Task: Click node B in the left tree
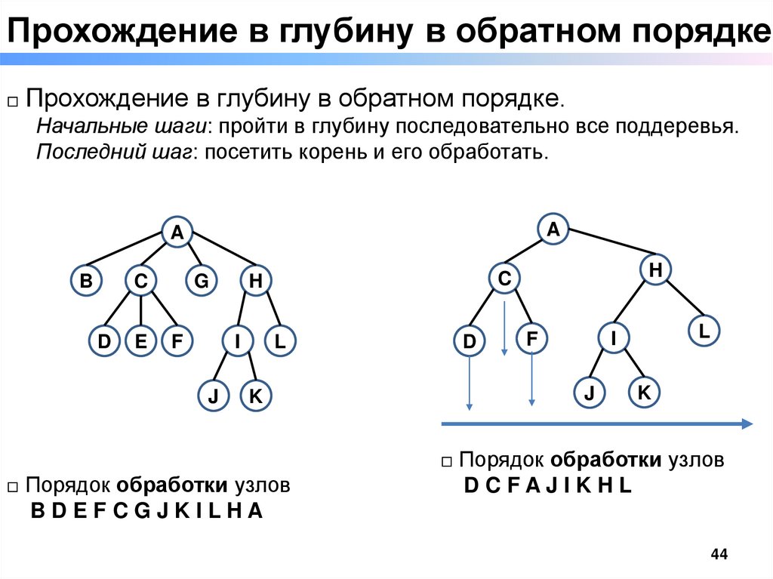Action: pyautogui.click(x=87, y=282)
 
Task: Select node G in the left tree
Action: pyautogui.click(x=201, y=282)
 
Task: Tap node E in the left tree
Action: pyautogui.click(x=140, y=342)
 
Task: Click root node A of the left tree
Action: pyautogui.click(x=177, y=233)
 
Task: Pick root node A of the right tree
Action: pyautogui.click(x=553, y=229)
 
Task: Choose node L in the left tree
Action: pyautogui.click(x=279, y=342)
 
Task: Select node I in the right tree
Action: pyautogui.click(x=614, y=339)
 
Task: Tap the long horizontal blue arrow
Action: pyautogui.click(x=596, y=423)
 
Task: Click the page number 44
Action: pyautogui.click(x=719, y=555)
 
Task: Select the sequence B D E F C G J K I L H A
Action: pyautogui.click(x=146, y=511)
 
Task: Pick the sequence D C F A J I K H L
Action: pyautogui.click(x=547, y=486)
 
